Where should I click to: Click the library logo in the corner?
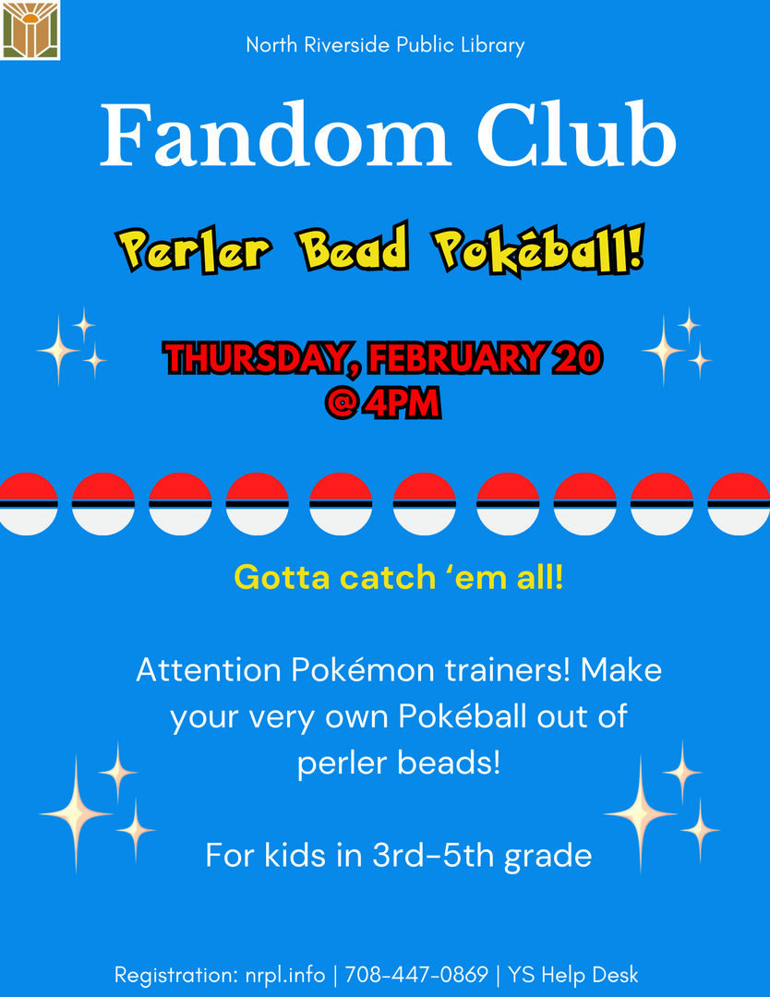click(x=30, y=30)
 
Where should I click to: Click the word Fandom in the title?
click(x=275, y=136)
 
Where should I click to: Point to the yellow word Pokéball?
click(x=539, y=250)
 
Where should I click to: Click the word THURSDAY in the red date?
click(x=260, y=358)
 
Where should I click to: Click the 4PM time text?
click(x=402, y=402)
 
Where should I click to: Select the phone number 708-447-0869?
click(x=416, y=975)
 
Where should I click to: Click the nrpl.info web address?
click(x=285, y=975)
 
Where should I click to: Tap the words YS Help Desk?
click(x=573, y=975)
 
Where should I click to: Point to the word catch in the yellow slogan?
click(x=387, y=577)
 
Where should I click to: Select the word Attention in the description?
click(x=209, y=669)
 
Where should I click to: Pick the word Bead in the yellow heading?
click(x=354, y=248)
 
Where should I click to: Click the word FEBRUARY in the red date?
click(x=455, y=358)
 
